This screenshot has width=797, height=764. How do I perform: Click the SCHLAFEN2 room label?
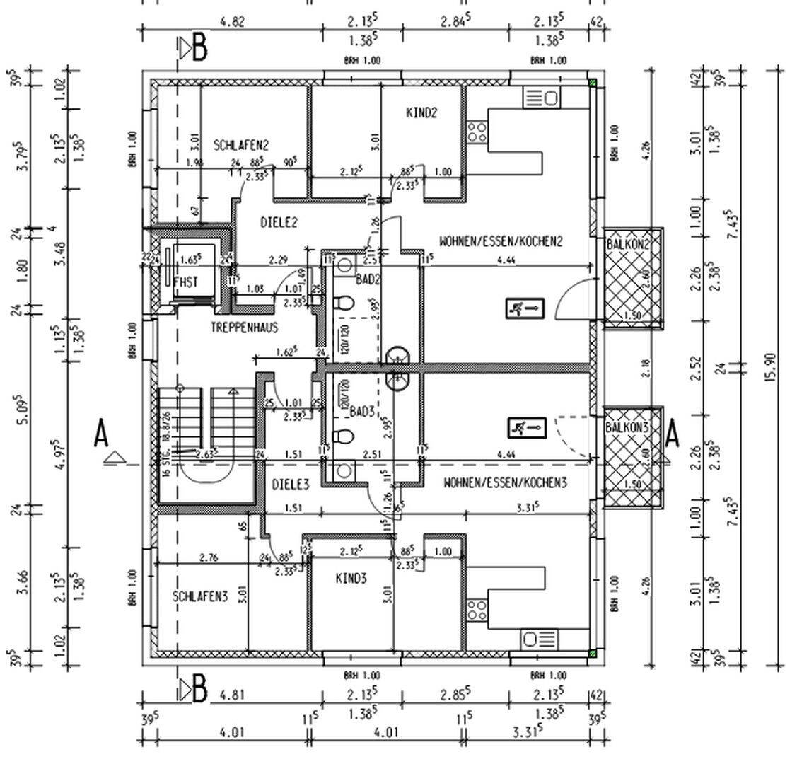click(240, 146)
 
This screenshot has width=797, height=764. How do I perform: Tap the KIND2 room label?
click(422, 112)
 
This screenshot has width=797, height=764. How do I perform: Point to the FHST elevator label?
click(185, 282)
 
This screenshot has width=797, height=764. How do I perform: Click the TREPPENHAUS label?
click(244, 328)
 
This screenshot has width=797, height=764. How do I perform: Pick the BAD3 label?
click(361, 411)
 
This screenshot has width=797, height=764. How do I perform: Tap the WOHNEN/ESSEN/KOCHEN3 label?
click(505, 483)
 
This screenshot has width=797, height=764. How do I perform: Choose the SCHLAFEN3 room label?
click(200, 596)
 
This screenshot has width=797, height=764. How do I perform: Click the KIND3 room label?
click(351, 579)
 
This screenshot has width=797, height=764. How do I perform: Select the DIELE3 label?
click(291, 485)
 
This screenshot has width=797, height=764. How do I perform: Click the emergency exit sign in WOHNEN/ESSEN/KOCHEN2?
click(525, 308)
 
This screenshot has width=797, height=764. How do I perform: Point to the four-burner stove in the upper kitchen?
click(476, 132)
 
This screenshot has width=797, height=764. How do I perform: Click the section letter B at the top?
click(200, 48)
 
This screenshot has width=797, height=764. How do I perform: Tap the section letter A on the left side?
click(101, 434)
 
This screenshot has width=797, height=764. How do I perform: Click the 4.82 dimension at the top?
click(232, 21)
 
